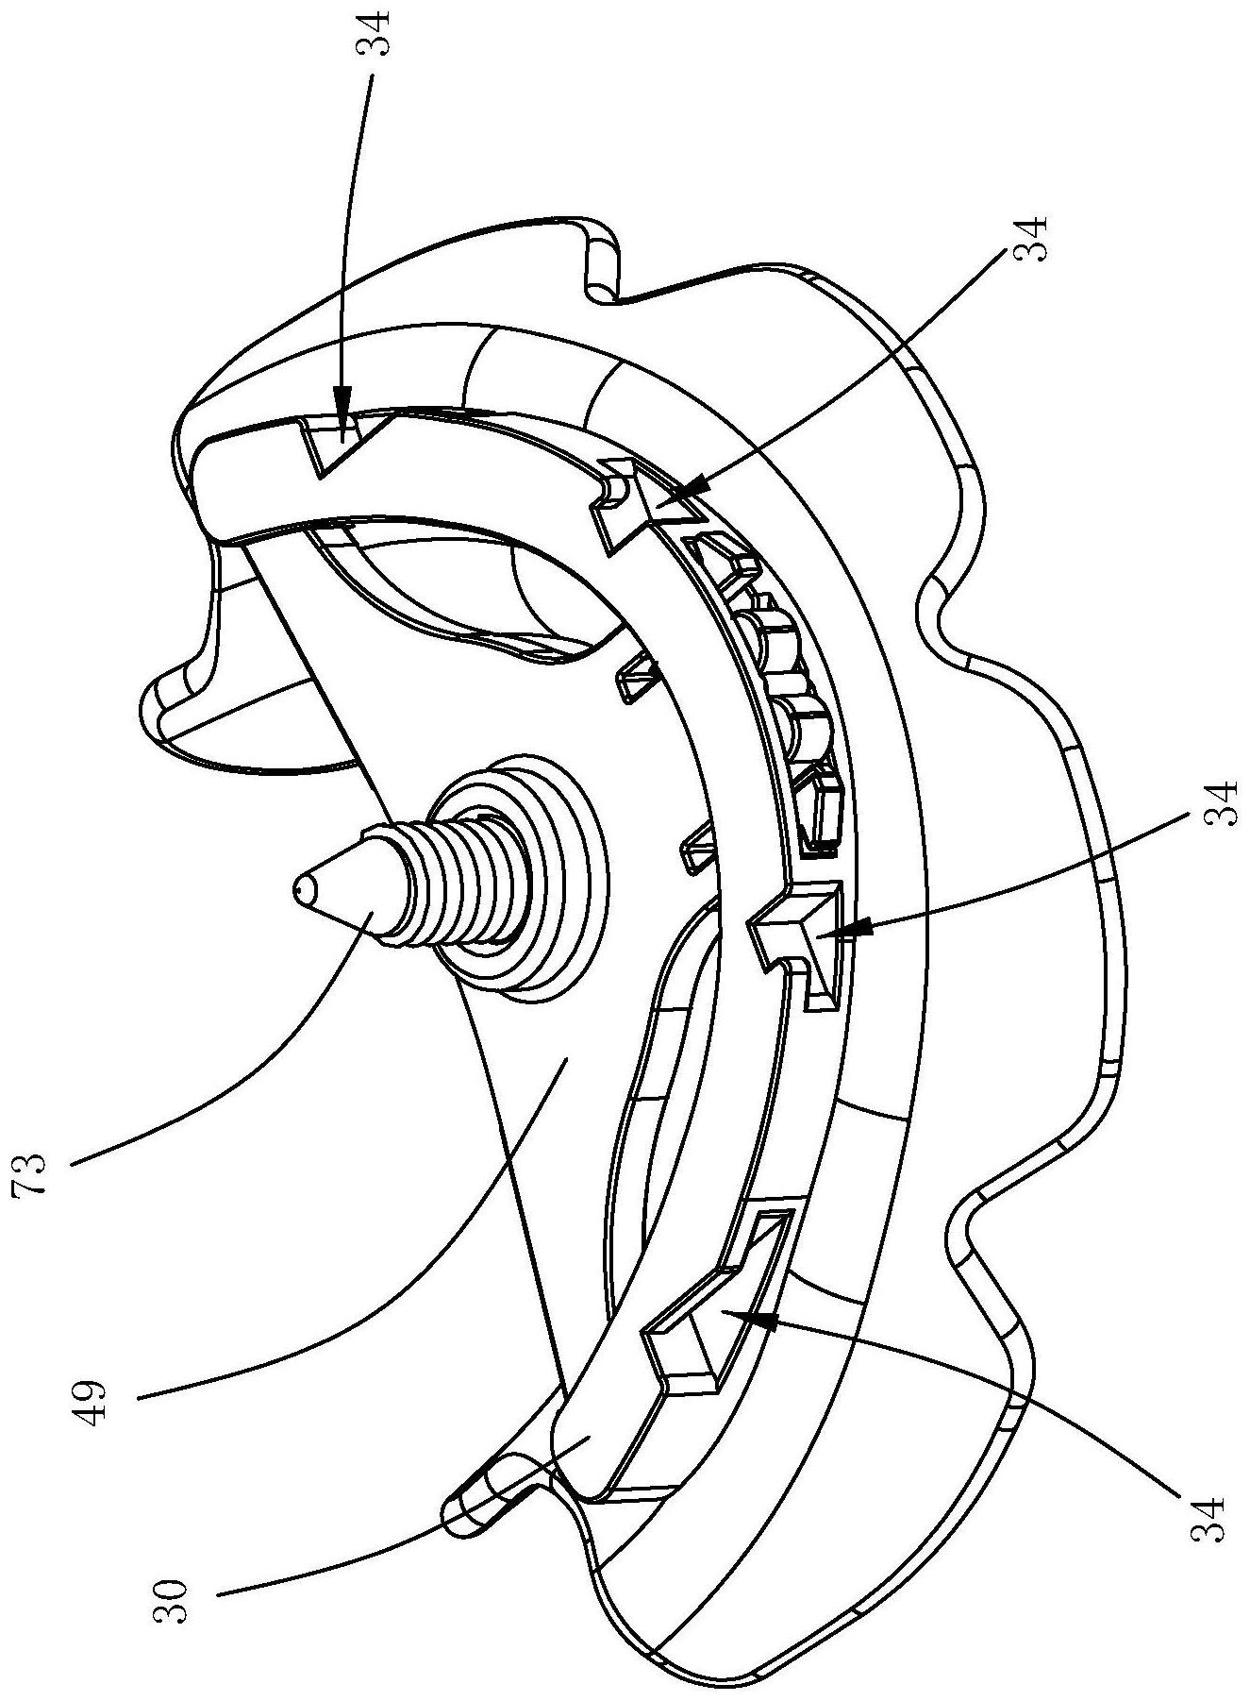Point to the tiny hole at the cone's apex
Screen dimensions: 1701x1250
point(299,887)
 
